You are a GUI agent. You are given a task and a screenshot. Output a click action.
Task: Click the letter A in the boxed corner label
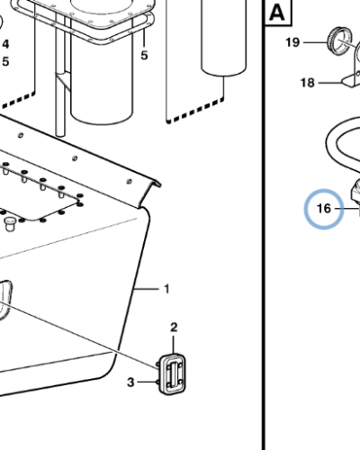[x=276, y=13]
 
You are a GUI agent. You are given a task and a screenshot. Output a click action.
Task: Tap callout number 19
[x=292, y=42]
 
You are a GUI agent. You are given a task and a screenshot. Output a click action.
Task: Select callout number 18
[x=308, y=83]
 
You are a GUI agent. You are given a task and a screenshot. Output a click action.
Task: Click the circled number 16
[x=324, y=208]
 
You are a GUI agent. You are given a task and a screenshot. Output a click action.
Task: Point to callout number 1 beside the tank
[x=166, y=289]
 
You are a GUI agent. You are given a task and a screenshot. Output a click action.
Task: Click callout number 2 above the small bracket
[x=174, y=328]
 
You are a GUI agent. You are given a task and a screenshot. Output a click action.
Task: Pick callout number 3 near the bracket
[x=130, y=382]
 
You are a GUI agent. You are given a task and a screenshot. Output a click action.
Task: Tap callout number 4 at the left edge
[x=5, y=44]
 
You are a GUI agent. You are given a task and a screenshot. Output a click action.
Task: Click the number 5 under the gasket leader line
[x=144, y=56]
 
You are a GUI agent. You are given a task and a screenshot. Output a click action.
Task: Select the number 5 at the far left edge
[x=5, y=62]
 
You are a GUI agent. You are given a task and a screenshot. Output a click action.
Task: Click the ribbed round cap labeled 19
[x=338, y=41]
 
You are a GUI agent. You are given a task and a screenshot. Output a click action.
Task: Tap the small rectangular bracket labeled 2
[x=172, y=374]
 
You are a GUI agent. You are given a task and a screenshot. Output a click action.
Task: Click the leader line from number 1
[x=147, y=289]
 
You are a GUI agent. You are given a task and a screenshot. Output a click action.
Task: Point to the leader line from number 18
[x=330, y=83]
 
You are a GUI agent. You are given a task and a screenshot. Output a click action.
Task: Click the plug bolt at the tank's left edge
[x=10, y=223]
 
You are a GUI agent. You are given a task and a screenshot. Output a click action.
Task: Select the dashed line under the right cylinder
[x=195, y=111]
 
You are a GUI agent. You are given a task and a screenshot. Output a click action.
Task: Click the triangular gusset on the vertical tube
[x=64, y=80]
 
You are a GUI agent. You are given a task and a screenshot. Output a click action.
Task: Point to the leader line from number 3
[x=148, y=382]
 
